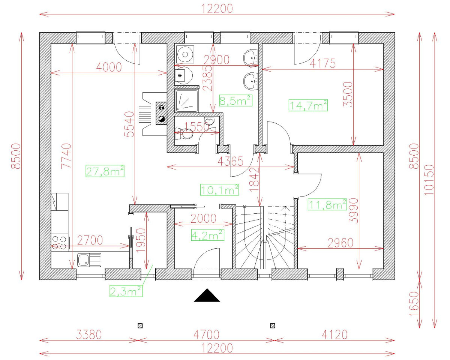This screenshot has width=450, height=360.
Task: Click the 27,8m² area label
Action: [105, 171]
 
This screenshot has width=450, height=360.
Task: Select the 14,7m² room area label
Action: [308, 105]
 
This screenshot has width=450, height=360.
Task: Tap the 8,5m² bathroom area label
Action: [235, 100]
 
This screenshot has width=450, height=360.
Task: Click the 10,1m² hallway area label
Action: [219, 190]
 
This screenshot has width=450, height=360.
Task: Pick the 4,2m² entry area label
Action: [207, 235]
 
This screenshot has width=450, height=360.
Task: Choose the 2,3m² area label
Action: [126, 291]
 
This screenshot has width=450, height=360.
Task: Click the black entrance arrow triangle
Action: [207, 295]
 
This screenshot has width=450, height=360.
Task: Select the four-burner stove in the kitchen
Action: [59, 242]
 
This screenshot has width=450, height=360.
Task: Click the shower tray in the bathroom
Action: [186, 100]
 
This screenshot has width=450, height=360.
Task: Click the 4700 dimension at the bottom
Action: [205, 334]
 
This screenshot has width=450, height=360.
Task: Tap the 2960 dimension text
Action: [340, 243]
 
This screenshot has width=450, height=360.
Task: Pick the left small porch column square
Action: [140, 325]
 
